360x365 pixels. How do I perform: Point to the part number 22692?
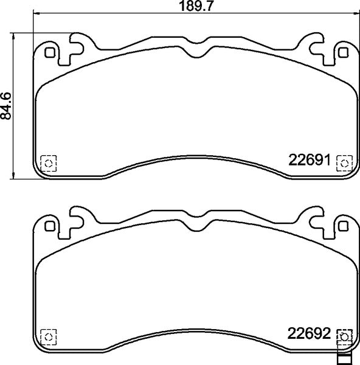coord(308,333)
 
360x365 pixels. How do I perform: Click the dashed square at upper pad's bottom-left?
coord(47,163)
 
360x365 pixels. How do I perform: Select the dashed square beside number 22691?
coord(344,163)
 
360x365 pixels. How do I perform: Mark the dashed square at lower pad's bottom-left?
coord(47,336)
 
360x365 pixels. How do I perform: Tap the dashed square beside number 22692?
coord(344,336)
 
